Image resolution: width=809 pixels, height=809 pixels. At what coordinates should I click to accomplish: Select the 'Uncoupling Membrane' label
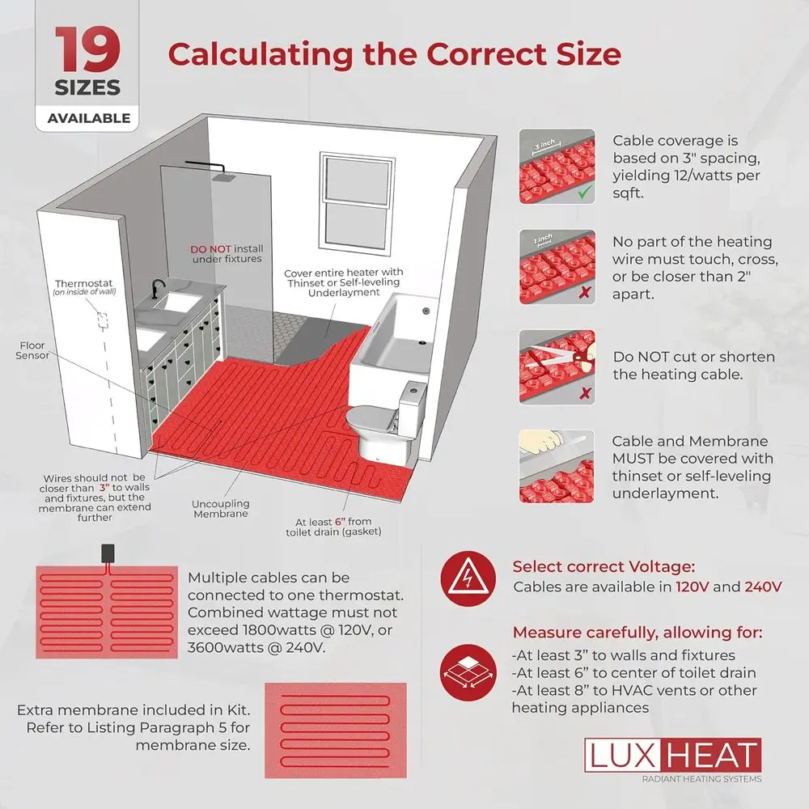click(220, 509)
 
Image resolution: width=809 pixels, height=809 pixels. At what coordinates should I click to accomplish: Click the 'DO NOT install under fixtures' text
click(227, 254)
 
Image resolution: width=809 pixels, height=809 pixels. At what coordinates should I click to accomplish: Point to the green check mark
click(585, 193)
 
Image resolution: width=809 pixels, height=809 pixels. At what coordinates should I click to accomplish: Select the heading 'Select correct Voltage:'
click(604, 567)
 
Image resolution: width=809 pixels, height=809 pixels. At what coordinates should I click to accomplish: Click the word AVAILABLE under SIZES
click(88, 117)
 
